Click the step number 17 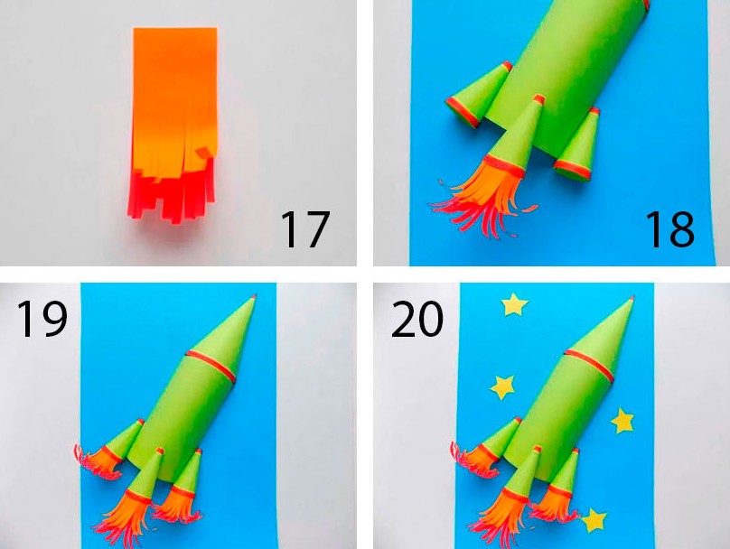(x=305, y=229)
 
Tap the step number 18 (x=670, y=229)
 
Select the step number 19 (x=42, y=319)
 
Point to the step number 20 (x=417, y=319)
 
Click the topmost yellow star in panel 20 (x=514, y=304)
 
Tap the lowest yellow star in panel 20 (x=593, y=520)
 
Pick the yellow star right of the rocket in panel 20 (x=622, y=420)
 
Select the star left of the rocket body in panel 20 (x=502, y=386)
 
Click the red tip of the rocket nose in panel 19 (x=254, y=296)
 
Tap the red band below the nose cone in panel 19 (x=211, y=366)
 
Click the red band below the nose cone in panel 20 (x=589, y=365)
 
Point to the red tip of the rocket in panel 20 (x=632, y=298)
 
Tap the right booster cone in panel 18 (x=578, y=144)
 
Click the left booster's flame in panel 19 (x=98, y=461)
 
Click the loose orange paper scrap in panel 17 (x=203, y=153)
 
